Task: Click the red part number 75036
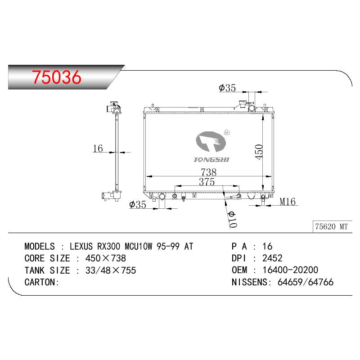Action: pyautogui.click(x=57, y=77)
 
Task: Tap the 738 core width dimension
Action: pyautogui.click(x=208, y=172)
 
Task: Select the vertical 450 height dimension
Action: pyautogui.click(x=259, y=152)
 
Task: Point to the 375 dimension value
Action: pyautogui.click(x=207, y=182)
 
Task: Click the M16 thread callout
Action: pyautogui.click(x=288, y=202)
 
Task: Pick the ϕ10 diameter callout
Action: pyautogui.click(x=232, y=220)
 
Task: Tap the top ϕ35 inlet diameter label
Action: pyautogui.click(x=227, y=88)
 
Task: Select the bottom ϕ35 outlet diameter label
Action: pyautogui.click(x=138, y=204)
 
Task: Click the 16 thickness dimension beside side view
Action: pyautogui.click(x=98, y=148)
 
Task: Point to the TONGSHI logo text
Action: pyautogui.click(x=211, y=160)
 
